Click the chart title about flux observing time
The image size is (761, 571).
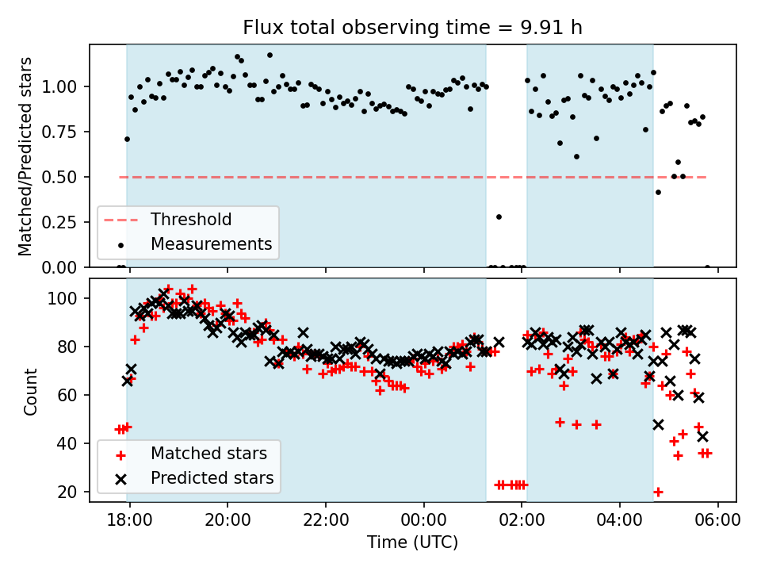tap(412, 29)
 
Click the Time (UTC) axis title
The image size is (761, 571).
tap(412, 542)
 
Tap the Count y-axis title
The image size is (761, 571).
tap(30, 391)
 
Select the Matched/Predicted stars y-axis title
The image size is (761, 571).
tap(25, 156)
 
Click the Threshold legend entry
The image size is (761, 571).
tap(191, 220)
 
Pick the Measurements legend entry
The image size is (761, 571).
tap(211, 243)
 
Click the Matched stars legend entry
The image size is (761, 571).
tap(208, 454)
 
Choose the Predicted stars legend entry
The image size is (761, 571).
tap(212, 478)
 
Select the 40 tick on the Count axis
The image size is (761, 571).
tap(71, 443)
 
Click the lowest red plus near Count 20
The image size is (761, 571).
tap(658, 492)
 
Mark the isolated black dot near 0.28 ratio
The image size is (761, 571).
tap(499, 217)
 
